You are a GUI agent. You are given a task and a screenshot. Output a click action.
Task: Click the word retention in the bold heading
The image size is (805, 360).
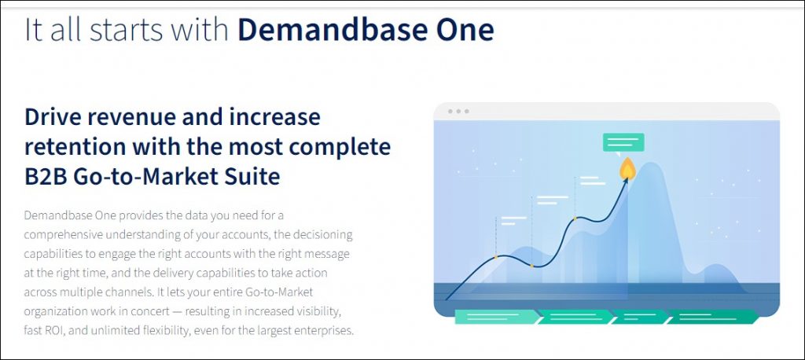pyautogui.click(x=73, y=147)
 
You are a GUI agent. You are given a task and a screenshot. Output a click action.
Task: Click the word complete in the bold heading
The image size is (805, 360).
pyautogui.click(x=340, y=149)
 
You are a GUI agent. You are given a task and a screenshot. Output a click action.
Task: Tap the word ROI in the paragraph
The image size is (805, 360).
pyautogui.click(x=55, y=329)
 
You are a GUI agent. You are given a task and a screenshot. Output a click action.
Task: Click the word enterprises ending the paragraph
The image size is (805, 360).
pyautogui.click(x=325, y=330)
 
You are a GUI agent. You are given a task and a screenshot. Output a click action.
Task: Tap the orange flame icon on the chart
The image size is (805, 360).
pyautogui.click(x=627, y=168)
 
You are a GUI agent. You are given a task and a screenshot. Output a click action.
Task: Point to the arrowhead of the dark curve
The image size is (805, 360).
pyautogui.click(x=626, y=182)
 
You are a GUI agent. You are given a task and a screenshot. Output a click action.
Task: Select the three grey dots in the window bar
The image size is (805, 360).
pyautogui.click(x=458, y=112)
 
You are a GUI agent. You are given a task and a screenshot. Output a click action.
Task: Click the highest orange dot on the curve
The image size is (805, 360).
pyautogui.click(x=575, y=219)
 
